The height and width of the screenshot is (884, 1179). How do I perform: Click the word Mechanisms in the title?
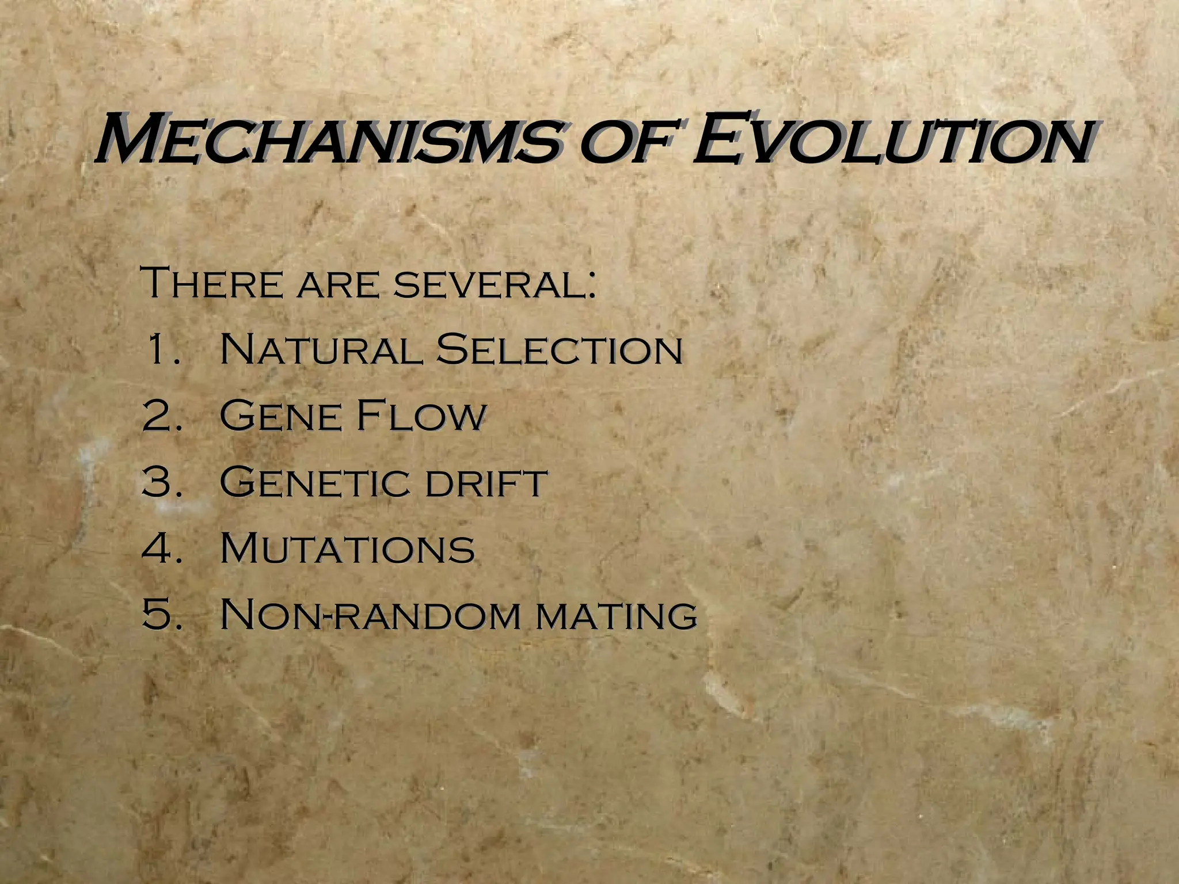(x=328, y=140)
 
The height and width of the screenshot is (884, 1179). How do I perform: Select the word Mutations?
(x=347, y=548)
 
